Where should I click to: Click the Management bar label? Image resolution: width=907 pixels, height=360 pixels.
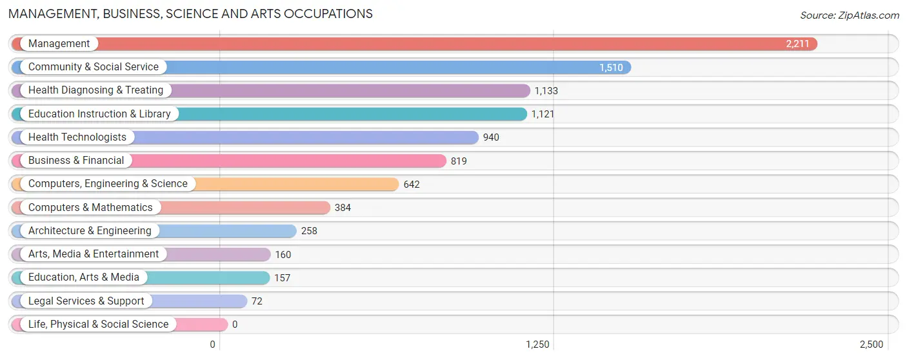point(59,43)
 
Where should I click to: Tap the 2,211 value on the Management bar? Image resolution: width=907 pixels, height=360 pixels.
point(797,44)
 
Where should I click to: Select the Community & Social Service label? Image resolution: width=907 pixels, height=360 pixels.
point(93,67)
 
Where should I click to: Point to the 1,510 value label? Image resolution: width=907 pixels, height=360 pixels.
point(611,67)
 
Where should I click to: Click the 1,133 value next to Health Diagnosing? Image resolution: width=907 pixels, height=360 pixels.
point(546,91)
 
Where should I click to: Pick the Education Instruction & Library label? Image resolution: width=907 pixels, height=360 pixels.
point(99,114)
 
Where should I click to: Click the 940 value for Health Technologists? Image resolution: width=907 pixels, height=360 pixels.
point(491,137)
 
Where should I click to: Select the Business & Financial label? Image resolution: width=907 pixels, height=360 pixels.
point(75,161)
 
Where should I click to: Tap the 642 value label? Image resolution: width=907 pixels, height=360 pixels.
point(412,185)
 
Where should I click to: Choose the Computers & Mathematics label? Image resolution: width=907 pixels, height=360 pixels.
point(90,207)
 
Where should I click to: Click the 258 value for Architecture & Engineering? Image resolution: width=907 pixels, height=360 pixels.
point(309,231)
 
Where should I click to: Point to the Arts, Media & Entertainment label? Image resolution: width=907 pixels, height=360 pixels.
point(93,254)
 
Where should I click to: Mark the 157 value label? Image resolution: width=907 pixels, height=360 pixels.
point(282,278)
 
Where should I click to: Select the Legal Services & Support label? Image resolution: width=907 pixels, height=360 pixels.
point(86,301)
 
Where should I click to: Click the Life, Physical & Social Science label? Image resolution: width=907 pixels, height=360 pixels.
point(98,324)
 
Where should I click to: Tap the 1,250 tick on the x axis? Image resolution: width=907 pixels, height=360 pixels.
point(537,345)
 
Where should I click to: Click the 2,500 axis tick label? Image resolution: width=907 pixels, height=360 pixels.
point(872,345)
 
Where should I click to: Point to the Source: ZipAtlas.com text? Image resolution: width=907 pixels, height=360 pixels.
point(850,15)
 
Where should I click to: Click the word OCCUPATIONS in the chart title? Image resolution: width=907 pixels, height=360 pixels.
point(328,14)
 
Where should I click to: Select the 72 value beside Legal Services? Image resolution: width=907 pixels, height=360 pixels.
point(257,301)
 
